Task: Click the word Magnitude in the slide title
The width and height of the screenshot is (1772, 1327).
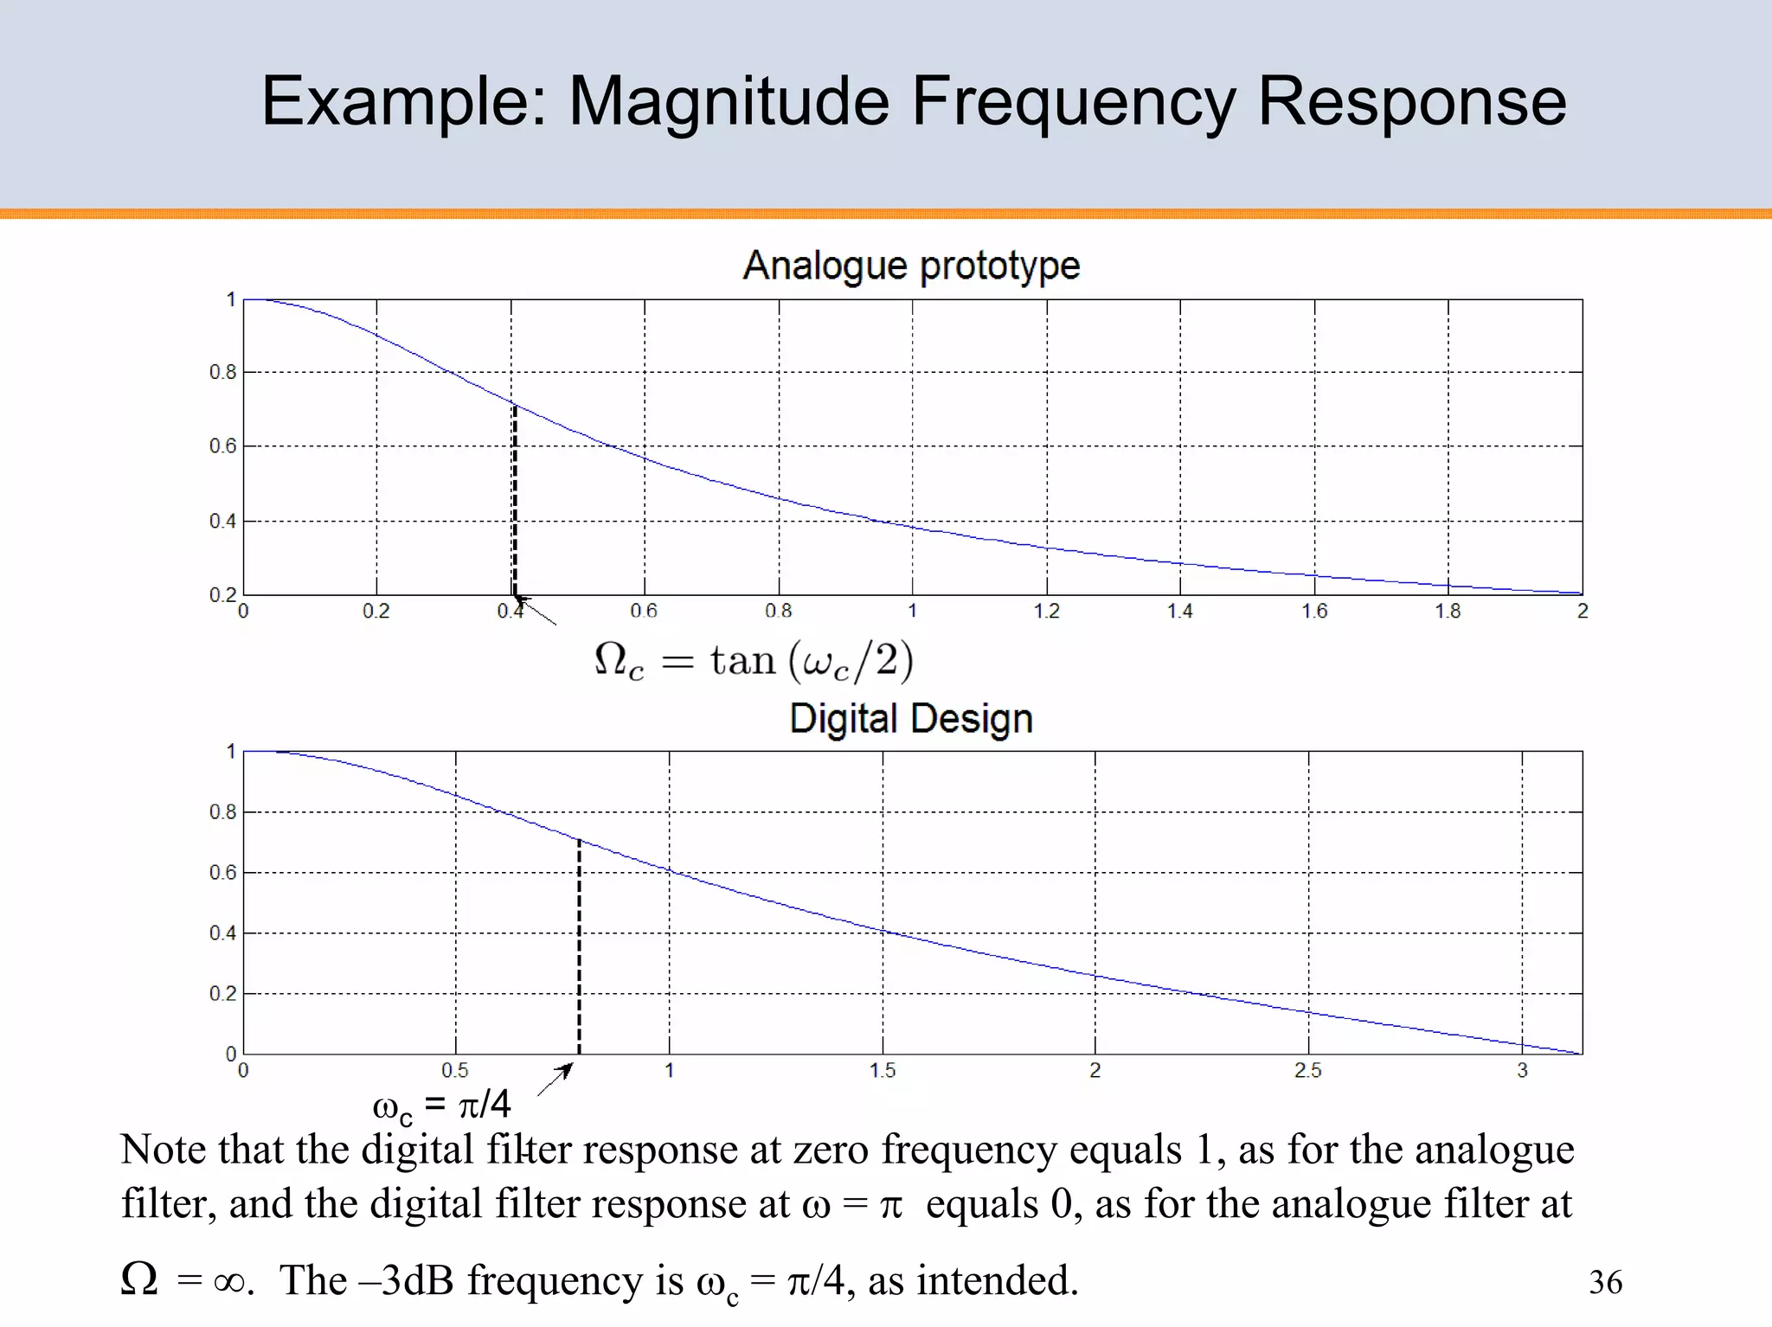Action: pyautogui.click(x=728, y=102)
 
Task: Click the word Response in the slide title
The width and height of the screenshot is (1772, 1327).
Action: pyautogui.click(x=1411, y=102)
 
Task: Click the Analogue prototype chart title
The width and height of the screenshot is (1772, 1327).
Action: pyautogui.click(x=911, y=265)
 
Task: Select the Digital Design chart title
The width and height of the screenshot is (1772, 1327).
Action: pyautogui.click(x=911, y=719)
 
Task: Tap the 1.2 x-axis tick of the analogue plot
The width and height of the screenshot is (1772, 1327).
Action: pyautogui.click(x=1046, y=612)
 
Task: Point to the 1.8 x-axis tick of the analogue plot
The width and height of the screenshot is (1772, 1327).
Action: pyautogui.click(x=1448, y=612)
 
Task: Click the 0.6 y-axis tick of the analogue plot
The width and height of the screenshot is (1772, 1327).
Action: pyautogui.click(x=222, y=446)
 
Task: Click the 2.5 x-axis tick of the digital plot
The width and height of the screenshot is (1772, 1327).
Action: pyautogui.click(x=1307, y=1071)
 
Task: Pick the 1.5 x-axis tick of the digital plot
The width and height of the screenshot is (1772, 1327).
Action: pyautogui.click(x=882, y=1071)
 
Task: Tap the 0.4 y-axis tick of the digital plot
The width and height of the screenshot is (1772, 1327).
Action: pyautogui.click(x=222, y=933)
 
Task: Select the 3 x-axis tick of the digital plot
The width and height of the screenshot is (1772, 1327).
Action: pyautogui.click(x=1522, y=1071)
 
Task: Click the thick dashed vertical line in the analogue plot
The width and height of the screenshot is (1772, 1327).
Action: pyautogui.click(x=515, y=502)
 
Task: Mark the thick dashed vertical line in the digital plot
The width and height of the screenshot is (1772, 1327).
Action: pyautogui.click(x=579, y=947)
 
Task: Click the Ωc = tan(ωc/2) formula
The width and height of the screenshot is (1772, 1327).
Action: pyautogui.click(x=753, y=662)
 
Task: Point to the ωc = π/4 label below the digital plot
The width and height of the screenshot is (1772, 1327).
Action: pyautogui.click(x=441, y=1106)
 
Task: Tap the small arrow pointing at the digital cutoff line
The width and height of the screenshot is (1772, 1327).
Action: pyautogui.click(x=555, y=1080)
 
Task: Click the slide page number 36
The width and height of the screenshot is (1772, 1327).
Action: pyautogui.click(x=1605, y=1282)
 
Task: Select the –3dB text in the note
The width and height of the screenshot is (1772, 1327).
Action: pyautogui.click(x=406, y=1281)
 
